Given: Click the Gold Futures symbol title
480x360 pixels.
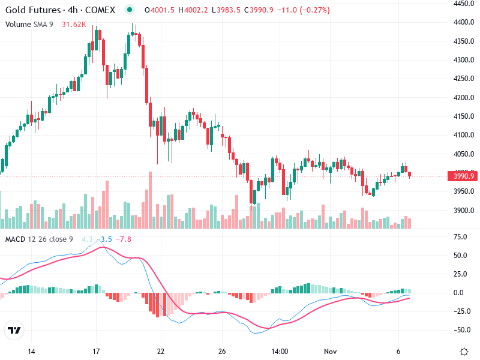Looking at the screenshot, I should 60,10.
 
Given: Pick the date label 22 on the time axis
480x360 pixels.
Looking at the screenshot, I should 160,351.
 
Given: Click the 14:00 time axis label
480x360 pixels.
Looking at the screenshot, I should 280,351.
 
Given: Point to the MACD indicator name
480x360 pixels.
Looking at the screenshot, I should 15,239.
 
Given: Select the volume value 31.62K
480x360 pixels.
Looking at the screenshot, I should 74,25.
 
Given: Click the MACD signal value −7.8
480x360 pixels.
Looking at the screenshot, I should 124,239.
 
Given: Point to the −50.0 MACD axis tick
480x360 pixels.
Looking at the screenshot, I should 460,330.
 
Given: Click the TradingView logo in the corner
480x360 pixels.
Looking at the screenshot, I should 14,331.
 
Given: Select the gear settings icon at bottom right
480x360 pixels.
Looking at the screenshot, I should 464,351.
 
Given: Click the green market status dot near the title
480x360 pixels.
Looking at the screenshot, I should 130,10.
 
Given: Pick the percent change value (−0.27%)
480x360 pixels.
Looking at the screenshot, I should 310,10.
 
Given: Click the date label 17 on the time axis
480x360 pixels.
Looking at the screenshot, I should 96,351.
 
